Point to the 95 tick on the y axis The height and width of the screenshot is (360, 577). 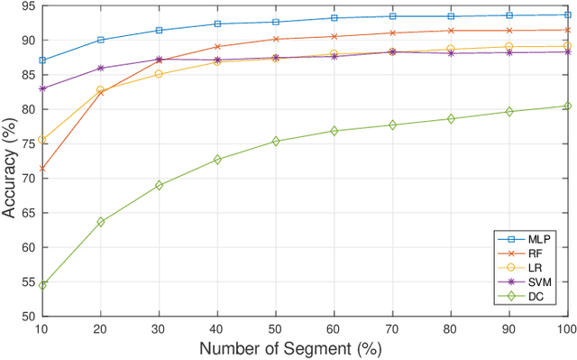click(x=26, y=6)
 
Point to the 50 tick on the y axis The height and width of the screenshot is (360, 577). click(x=26, y=317)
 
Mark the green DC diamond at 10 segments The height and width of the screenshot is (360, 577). click(x=41, y=285)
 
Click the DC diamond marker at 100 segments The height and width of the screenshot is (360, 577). click(x=567, y=106)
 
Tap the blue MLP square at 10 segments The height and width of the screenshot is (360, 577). click(x=41, y=60)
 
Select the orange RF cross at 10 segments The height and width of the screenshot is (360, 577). click(x=41, y=169)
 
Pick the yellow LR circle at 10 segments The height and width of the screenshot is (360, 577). click(x=41, y=140)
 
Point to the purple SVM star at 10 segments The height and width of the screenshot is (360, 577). click(x=41, y=88)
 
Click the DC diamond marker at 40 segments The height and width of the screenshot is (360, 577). click(x=217, y=160)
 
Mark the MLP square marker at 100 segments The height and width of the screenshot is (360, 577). click(x=567, y=14)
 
